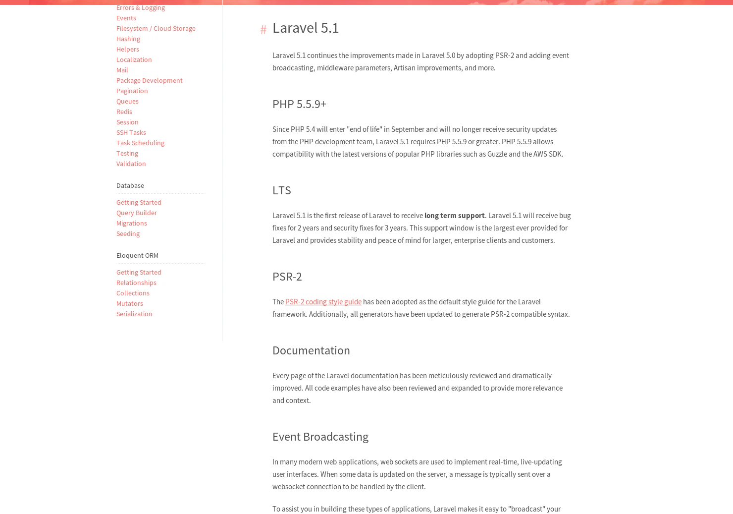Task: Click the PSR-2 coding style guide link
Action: click(x=323, y=302)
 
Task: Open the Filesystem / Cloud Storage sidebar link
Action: click(x=156, y=28)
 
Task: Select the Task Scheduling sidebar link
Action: click(x=140, y=143)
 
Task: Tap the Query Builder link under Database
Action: click(x=136, y=213)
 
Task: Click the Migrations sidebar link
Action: click(x=131, y=223)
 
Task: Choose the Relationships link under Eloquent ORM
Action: click(x=136, y=283)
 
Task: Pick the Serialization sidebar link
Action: click(x=134, y=314)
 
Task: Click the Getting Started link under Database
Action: click(x=139, y=202)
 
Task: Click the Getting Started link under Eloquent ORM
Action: click(x=139, y=272)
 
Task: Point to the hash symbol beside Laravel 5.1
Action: click(x=263, y=30)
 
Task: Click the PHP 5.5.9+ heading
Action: click(x=299, y=104)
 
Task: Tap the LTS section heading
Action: click(x=281, y=190)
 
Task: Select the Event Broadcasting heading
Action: click(x=320, y=437)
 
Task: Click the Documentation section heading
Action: click(x=311, y=350)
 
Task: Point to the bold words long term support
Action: click(x=454, y=216)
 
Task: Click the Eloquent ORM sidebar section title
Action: click(x=137, y=255)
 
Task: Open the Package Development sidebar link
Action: click(x=149, y=80)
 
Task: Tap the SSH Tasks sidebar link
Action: click(x=131, y=132)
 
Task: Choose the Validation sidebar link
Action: click(x=131, y=164)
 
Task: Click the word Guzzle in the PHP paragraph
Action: click(x=497, y=154)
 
